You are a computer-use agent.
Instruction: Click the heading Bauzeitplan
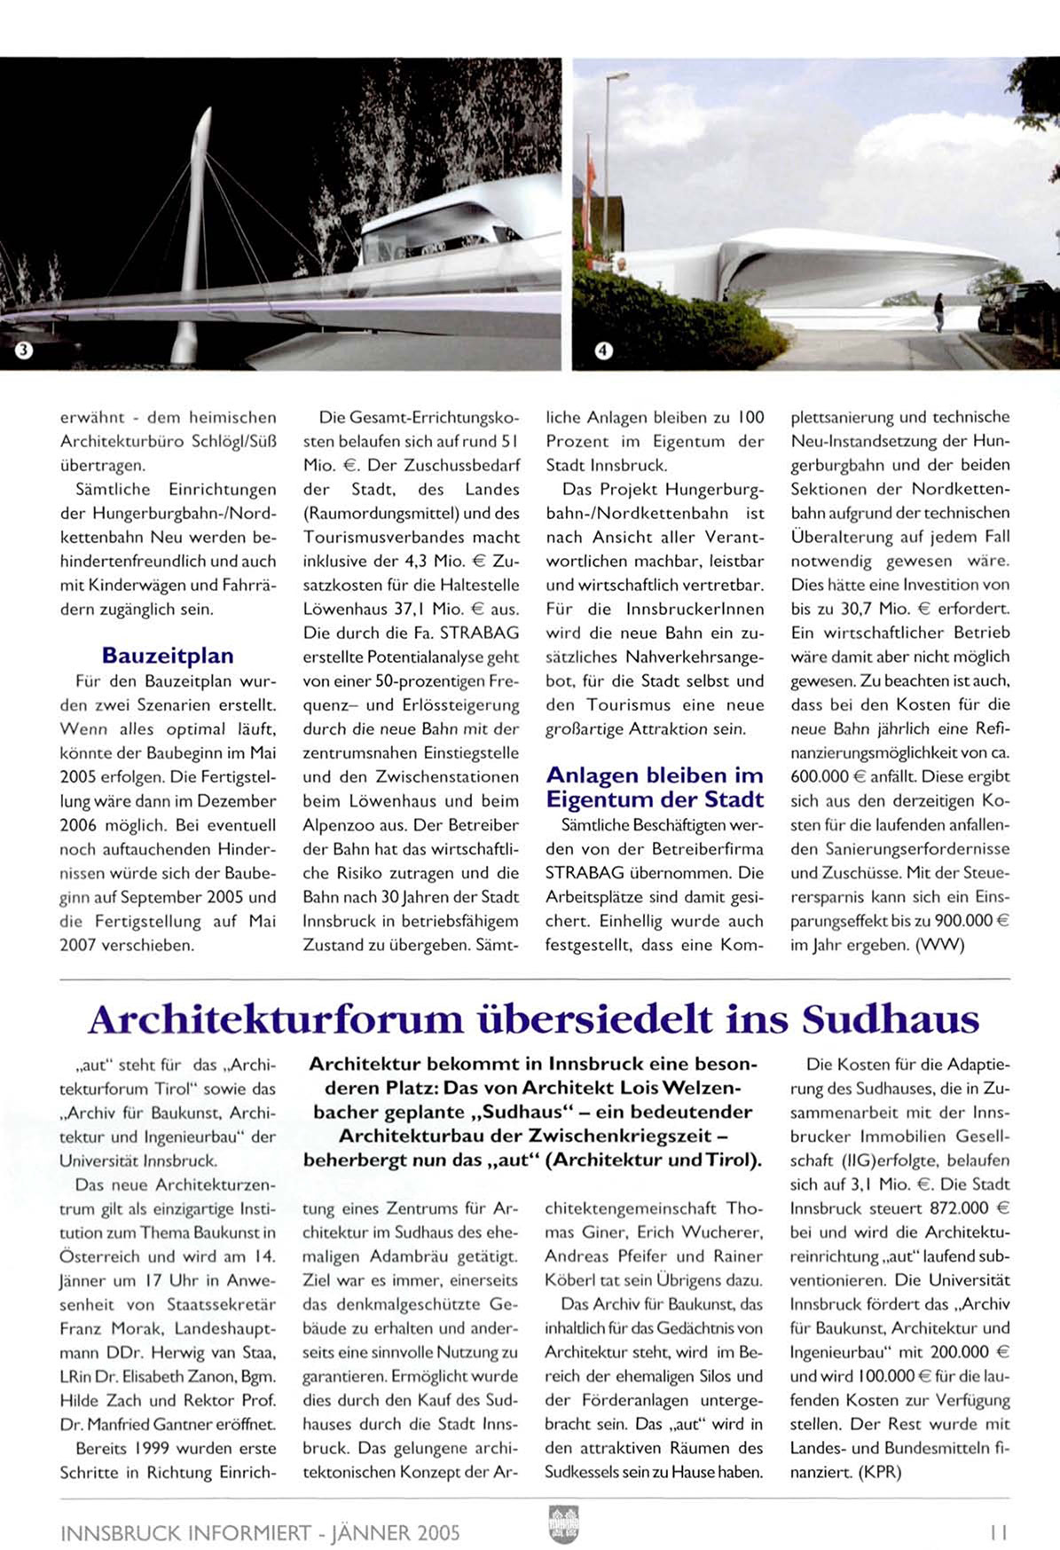(168, 656)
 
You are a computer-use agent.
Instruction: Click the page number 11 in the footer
(999, 1532)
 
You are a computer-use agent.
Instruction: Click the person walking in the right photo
(939, 312)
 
